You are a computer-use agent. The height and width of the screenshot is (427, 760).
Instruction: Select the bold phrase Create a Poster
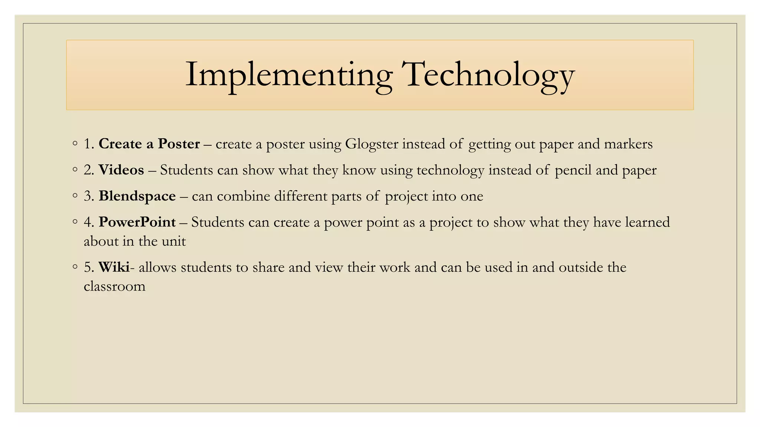[149, 144]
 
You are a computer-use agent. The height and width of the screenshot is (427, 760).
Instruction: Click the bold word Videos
[121, 170]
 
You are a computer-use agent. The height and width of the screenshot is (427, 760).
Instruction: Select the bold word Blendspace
[137, 196]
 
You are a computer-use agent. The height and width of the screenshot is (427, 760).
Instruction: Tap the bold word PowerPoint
[137, 222]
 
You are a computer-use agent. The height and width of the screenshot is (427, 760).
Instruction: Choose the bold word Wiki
[114, 267]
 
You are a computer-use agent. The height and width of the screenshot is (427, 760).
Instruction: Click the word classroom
[114, 286]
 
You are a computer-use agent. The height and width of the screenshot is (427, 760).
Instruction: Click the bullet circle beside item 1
[75, 143]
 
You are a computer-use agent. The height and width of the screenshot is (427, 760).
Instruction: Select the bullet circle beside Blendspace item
[75, 195]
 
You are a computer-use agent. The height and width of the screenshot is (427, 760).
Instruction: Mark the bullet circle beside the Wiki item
[75, 267]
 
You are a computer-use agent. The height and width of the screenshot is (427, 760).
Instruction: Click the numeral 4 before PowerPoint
[88, 222]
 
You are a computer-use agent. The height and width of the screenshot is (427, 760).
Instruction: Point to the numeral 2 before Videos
[88, 170]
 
